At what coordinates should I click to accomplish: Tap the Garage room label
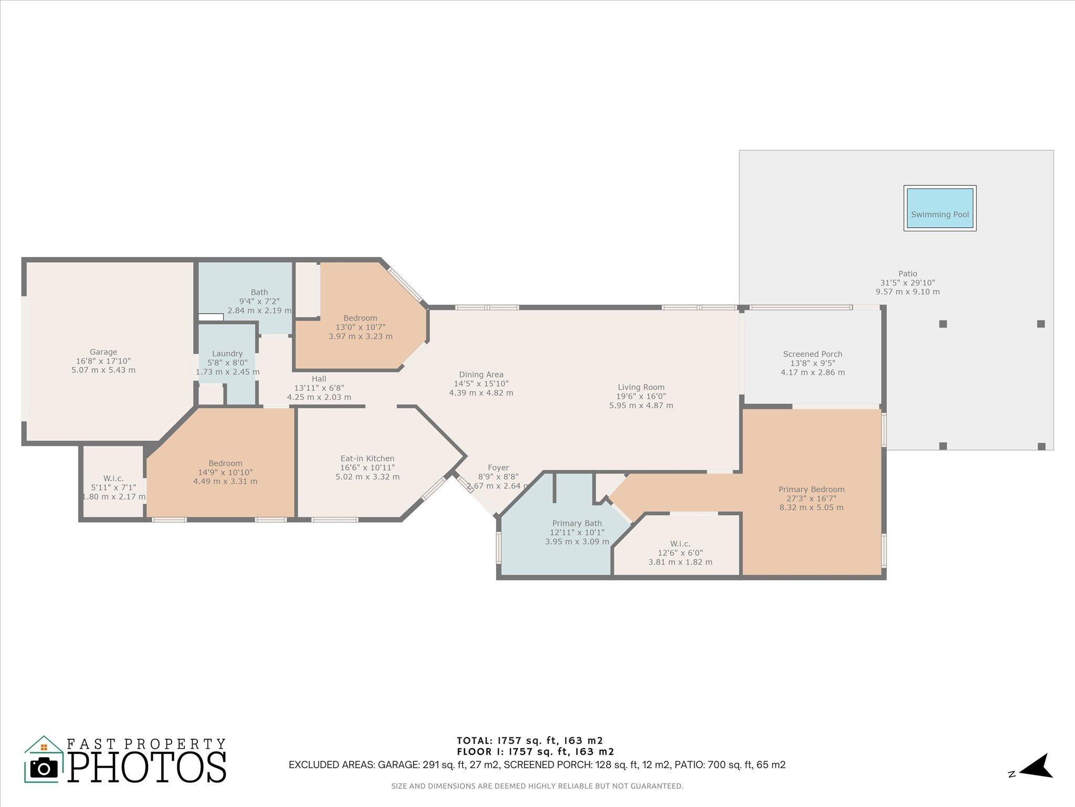[x=103, y=352]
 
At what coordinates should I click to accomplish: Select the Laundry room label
[x=227, y=354]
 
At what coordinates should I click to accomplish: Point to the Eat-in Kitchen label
[x=367, y=459]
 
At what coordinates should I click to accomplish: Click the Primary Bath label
[x=577, y=523]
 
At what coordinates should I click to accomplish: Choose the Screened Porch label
[x=813, y=354]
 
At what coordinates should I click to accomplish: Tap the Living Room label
[x=641, y=387]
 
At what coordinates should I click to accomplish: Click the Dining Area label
[x=481, y=375]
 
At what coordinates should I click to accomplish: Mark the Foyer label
[x=498, y=468]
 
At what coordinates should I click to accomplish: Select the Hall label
[x=319, y=379]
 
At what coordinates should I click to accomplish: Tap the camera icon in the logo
[x=44, y=769]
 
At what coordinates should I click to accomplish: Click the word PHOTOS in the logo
[x=147, y=768]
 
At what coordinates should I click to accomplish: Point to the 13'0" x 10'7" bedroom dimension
[x=360, y=327]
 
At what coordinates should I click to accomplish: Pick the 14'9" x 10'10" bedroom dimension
[x=225, y=472]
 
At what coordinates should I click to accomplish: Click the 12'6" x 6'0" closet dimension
[x=680, y=553]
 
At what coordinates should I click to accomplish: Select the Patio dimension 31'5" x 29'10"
[x=908, y=283]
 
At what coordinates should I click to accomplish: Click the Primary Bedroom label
[x=811, y=489]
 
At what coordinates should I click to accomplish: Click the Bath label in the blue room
[x=259, y=292]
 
